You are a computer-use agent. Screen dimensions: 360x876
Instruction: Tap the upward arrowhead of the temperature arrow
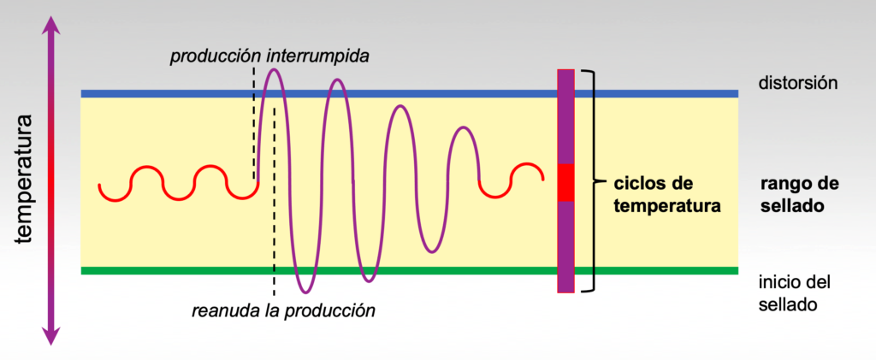52,25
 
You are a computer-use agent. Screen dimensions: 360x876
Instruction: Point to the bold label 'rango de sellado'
799,195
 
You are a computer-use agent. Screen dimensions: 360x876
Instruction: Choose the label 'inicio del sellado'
795,292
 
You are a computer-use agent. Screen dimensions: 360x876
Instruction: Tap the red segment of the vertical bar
565,182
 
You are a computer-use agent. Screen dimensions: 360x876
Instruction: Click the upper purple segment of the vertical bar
565,115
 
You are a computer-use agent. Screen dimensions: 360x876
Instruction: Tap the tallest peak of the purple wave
273,70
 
